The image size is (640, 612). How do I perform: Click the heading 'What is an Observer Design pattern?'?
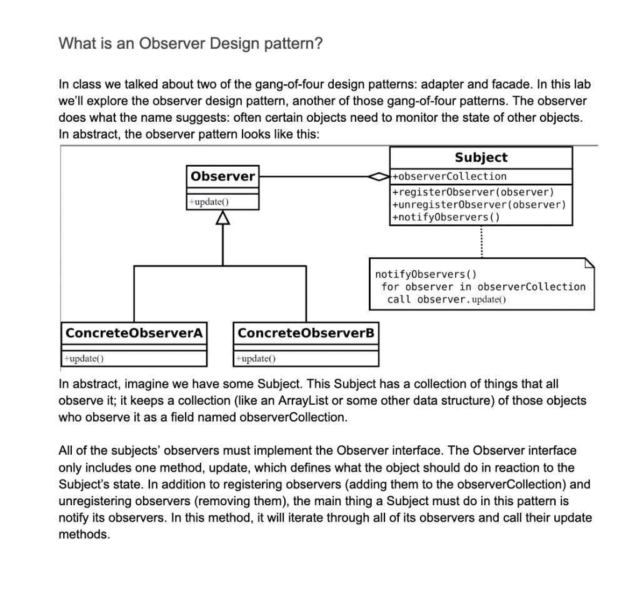pos(190,44)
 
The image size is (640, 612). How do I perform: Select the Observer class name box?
pos(223,176)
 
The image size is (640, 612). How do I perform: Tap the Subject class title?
pos(481,157)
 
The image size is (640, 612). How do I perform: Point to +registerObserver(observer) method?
pos(472,192)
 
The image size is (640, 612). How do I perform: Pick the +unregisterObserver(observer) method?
pos(478,204)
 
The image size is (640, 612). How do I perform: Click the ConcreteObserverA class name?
pos(134,333)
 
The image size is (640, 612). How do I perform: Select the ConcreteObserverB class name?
pos(306,333)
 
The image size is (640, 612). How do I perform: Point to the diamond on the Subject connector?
pos(380,177)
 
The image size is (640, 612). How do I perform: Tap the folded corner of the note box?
pos(588,263)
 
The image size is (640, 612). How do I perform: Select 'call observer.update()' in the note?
pos(446,300)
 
